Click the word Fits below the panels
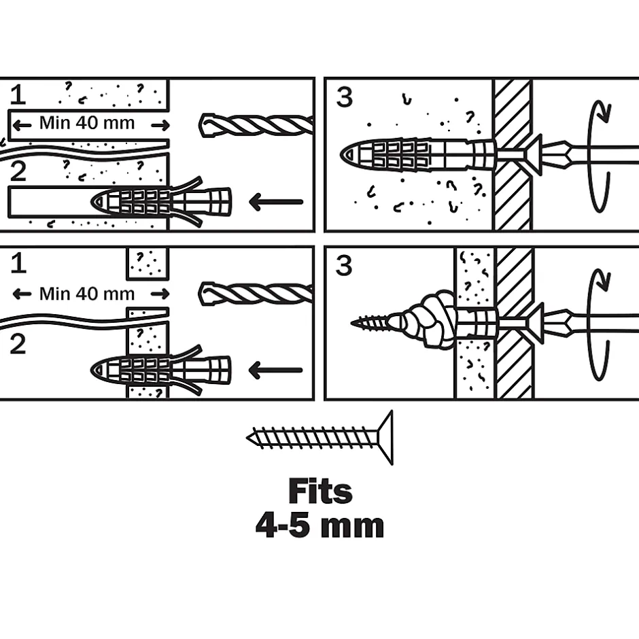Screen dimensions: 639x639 [320, 491]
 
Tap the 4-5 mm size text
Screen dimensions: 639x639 [319, 525]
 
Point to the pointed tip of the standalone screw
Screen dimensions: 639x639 [250, 438]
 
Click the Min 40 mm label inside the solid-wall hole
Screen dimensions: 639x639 [87, 123]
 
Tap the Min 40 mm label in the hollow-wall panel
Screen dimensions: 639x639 [87, 294]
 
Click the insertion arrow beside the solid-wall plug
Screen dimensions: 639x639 [276, 201]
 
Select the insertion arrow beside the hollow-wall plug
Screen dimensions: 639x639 [276, 370]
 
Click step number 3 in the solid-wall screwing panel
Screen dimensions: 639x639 [345, 97]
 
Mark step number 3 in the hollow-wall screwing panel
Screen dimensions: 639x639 [345, 266]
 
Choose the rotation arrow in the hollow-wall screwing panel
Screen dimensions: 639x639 [597, 324]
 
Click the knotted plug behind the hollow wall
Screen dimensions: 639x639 [426, 320]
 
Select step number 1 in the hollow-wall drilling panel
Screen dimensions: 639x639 [18, 263]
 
